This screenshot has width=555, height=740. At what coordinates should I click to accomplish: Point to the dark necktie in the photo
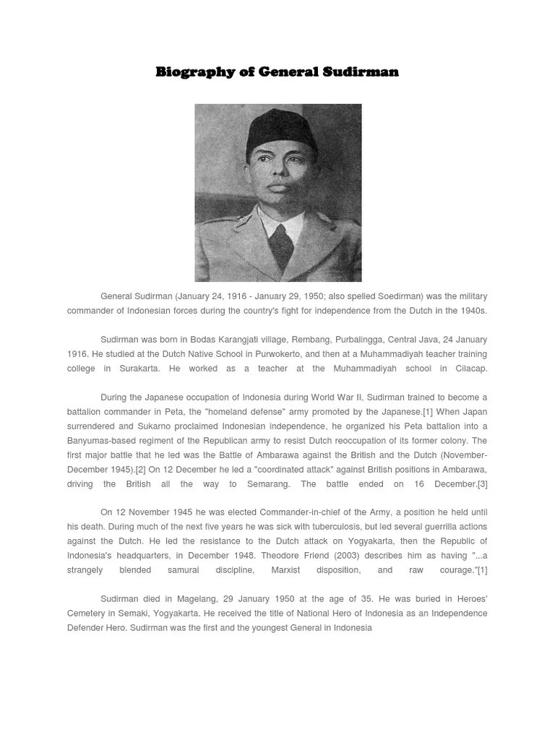click(282, 245)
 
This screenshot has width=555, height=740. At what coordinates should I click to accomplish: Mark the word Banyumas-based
click(101, 441)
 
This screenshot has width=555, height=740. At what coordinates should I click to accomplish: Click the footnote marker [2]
click(140, 470)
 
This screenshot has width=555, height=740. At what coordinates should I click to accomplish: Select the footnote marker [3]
click(481, 484)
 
